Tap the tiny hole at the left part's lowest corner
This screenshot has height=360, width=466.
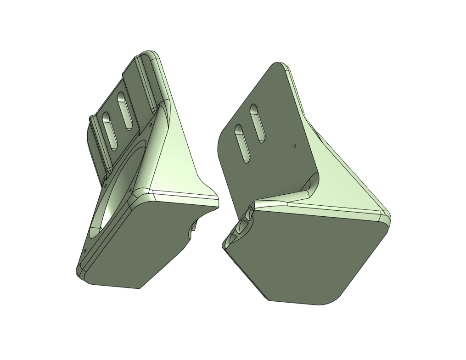85,251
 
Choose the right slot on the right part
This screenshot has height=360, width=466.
257,123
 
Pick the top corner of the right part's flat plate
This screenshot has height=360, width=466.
278,65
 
